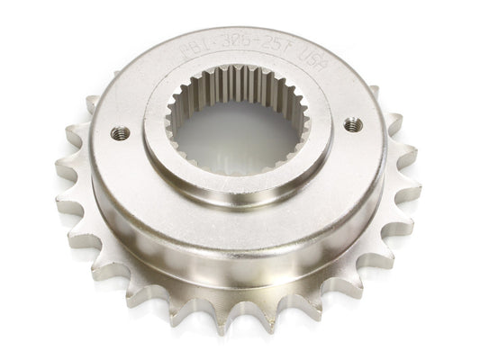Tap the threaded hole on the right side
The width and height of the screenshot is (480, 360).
[352, 125]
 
